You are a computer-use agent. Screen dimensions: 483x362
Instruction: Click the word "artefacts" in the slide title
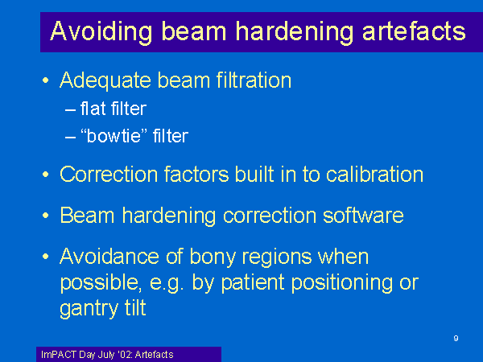[414, 31]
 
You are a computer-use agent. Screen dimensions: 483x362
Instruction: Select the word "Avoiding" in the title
[101, 32]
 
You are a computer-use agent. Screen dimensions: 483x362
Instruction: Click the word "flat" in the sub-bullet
[93, 109]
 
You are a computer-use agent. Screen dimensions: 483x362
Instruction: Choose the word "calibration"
[374, 175]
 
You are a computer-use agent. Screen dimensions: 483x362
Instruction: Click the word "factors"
[196, 175]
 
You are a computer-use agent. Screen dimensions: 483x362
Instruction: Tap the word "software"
[363, 215]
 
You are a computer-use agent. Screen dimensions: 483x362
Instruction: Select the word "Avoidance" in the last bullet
[109, 257]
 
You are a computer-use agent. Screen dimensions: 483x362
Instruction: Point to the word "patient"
[253, 283]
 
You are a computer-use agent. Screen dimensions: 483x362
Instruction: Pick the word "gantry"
[89, 309]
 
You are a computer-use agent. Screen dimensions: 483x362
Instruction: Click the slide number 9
[456, 339]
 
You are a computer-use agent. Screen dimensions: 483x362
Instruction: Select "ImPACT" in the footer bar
[59, 355]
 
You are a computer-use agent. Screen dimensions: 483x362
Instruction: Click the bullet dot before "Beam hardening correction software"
[46, 216]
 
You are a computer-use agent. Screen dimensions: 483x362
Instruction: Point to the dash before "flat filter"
[70, 110]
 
